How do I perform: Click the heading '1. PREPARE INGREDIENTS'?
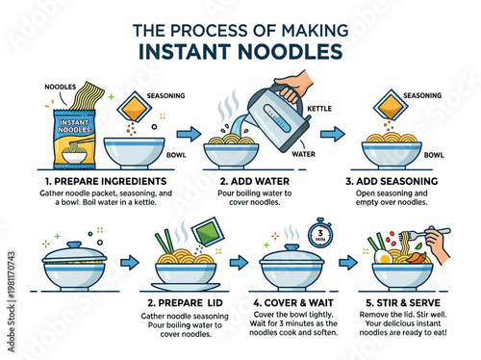pyautogui.click(x=100, y=180)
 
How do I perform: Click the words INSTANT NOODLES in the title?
pyautogui.click(x=240, y=49)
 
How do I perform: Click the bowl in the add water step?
pyautogui.click(x=236, y=154)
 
